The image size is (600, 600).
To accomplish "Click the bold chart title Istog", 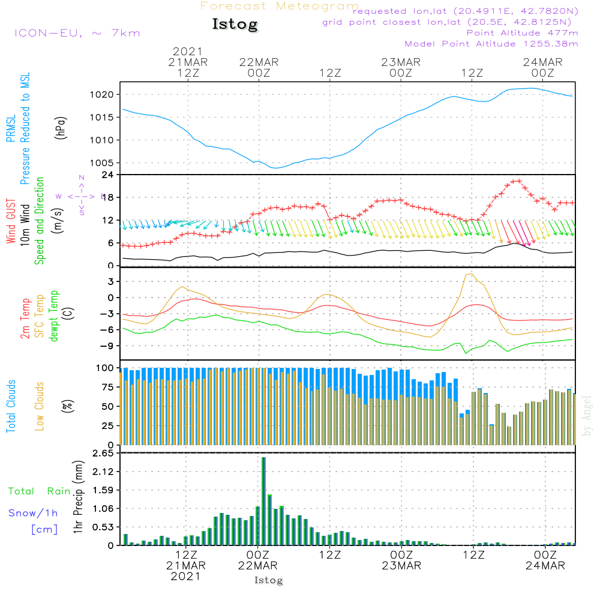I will pos(235,25).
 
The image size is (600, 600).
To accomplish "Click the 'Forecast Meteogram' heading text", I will pos(280,6).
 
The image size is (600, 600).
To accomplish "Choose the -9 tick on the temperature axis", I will pos(109,346).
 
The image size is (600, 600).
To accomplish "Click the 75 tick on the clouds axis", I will pos(108,387).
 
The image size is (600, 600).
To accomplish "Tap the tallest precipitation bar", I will pos(263,501).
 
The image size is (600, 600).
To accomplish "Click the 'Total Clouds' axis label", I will pos(11,406).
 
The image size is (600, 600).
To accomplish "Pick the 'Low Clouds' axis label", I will pos(40,406).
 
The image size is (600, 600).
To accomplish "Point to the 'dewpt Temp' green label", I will pos(54,316).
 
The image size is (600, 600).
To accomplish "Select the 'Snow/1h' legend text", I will pos(33,513).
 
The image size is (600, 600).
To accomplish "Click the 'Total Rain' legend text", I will pos(39,491).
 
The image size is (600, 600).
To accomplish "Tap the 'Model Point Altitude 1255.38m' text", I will pos(491,44).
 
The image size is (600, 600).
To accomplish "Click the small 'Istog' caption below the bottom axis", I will pos(268,580).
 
